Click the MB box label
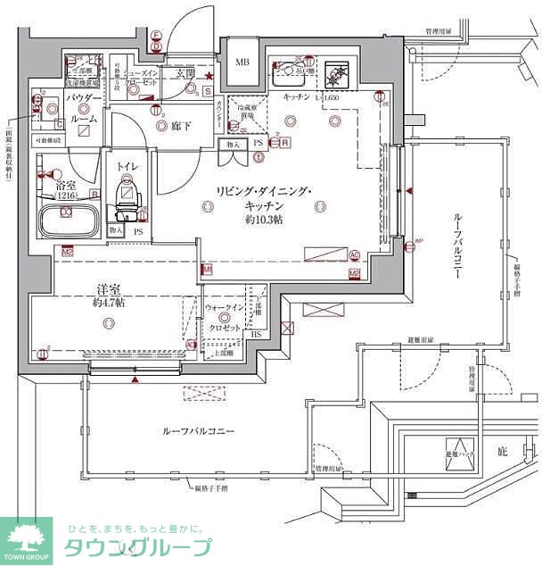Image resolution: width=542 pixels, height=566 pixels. tap(242, 62)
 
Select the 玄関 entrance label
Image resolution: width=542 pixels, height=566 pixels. tap(185, 72)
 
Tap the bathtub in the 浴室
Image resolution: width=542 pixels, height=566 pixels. tap(69, 218)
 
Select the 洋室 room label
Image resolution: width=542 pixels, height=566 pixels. tap(109, 288)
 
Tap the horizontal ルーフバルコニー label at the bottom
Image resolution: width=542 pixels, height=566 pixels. tap(198, 431)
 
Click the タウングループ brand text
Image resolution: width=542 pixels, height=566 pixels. tap(137, 547)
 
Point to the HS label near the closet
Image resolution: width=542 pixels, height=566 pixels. tap(256, 334)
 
